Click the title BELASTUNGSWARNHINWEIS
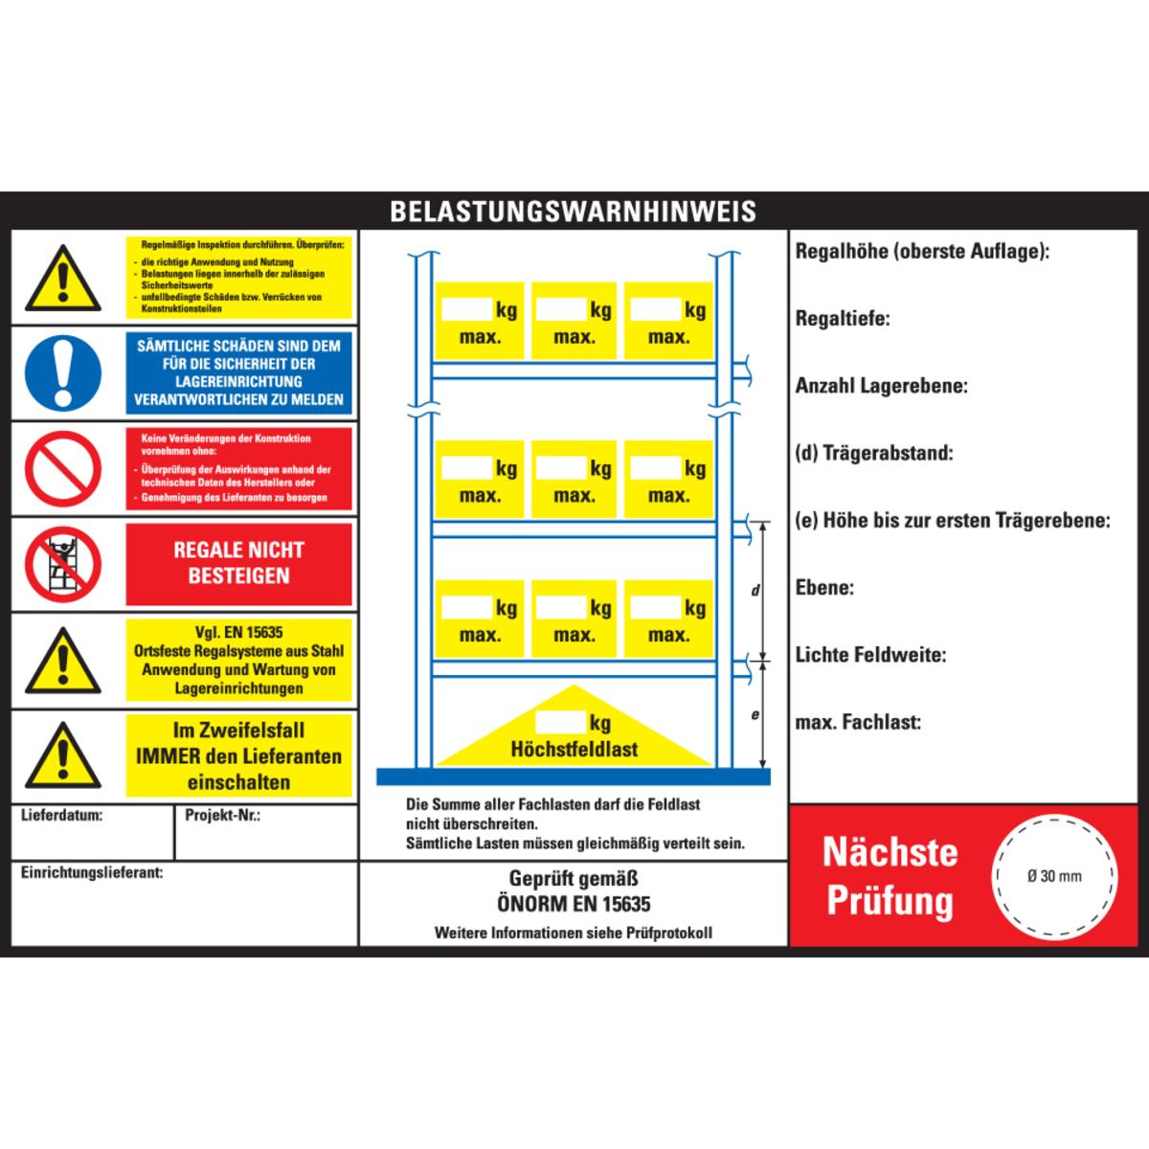[573, 211]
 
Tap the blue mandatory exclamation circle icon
[63, 372]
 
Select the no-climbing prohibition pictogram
[63, 564]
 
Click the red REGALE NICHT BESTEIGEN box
[238, 564]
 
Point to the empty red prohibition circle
[63, 468]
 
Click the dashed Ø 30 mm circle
[1054, 876]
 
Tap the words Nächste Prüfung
[890, 876]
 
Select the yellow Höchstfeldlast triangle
[574, 725]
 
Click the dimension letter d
[755, 591]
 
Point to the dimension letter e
[755, 714]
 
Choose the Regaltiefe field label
[843, 319]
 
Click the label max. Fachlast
[858, 723]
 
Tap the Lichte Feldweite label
[870, 655]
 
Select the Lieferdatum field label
[61, 815]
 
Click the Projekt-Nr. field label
[222, 815]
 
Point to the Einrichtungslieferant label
[92, 872]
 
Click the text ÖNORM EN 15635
[574, 904]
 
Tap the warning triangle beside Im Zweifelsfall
[63, 755]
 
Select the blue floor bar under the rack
[573, 777]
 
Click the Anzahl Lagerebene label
[881, 386]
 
